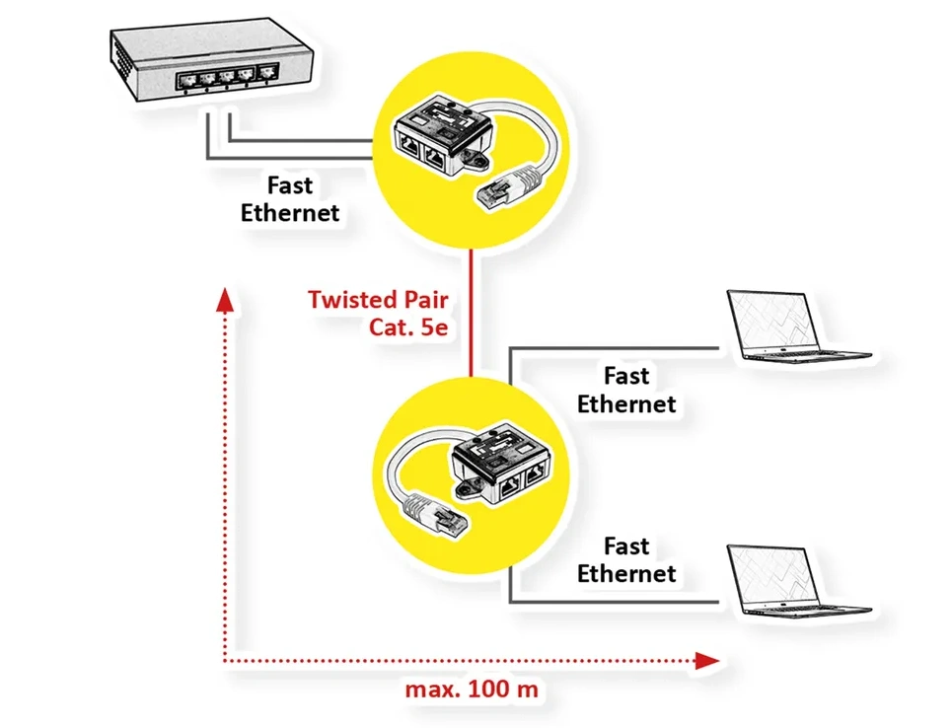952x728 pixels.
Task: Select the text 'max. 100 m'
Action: point(472,689)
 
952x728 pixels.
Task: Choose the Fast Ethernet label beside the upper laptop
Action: point(626,390)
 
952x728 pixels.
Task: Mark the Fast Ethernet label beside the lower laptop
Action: point(626,559)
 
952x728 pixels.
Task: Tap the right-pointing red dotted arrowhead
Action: point(706,660)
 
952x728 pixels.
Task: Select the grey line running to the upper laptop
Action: point(612,347)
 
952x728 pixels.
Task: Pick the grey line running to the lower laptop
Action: point(612,601)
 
